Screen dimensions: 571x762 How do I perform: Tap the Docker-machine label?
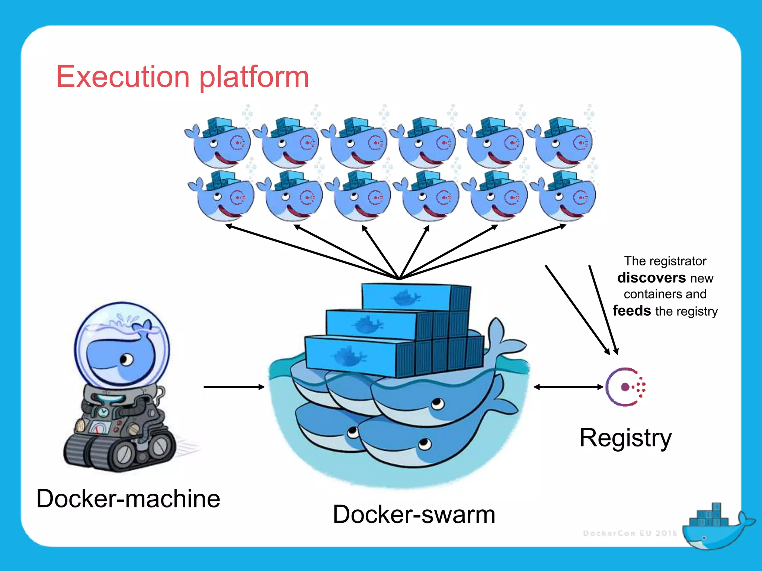click(128, 499)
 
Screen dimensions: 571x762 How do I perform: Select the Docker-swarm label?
click(414, 514)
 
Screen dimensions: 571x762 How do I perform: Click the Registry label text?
click(625, 438)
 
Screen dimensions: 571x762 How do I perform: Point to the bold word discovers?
click(651, 278)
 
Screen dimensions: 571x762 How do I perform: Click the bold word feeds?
click(631, 310)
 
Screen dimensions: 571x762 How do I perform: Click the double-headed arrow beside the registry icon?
click(568, 387)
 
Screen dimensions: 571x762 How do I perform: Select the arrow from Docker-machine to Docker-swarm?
click(234, 387)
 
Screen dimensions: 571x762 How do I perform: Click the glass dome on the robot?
click(122, 344)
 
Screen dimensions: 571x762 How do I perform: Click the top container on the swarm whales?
click(415, 297)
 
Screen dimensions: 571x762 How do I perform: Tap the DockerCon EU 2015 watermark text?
click(630, 533)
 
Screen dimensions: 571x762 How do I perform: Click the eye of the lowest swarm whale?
click(425, 443)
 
